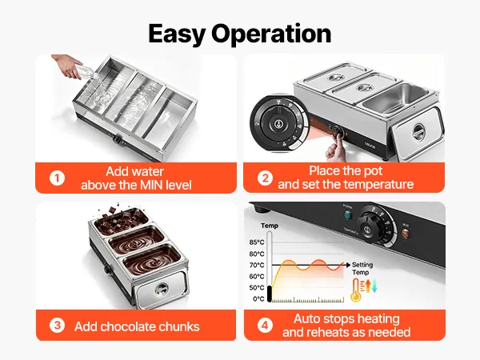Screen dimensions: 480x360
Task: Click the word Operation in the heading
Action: (271, 34)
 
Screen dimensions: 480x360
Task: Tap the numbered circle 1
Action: (57, 178)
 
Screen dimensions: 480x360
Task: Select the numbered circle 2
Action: (265, 178)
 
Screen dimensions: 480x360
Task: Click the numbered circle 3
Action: (57, 325)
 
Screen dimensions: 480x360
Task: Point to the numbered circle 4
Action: (265, 325)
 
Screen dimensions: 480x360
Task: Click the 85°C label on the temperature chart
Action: (257, 242)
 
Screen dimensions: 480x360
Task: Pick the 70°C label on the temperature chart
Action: (257, 265)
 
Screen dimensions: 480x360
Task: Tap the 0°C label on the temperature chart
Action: (258, 298)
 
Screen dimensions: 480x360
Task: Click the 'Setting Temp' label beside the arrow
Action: (362, 269)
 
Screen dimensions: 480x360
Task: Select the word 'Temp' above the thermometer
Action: (270, 226)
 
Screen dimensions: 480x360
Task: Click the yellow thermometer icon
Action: (356, 290)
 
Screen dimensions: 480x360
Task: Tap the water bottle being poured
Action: (89, 74)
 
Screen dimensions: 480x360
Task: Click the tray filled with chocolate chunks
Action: (121, 222)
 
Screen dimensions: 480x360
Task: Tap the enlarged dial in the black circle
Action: (278, 123)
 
